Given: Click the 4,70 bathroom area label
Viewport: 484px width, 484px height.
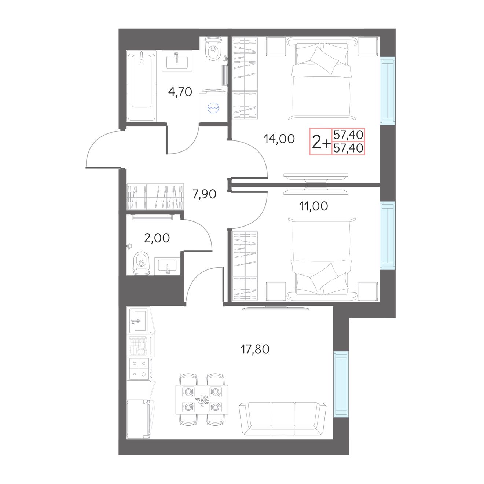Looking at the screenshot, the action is (x=180, y=92).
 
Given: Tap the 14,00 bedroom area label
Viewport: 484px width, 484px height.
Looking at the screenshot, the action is (x=279, y=139).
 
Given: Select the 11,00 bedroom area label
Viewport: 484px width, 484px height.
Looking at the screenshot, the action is (x=313, y=206).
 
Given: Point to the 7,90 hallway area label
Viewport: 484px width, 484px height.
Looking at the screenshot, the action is (x=204, y=194).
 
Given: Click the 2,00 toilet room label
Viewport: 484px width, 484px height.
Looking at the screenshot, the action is (x=157, y=238).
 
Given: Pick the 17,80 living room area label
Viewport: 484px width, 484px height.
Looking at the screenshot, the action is (x=255, y=349).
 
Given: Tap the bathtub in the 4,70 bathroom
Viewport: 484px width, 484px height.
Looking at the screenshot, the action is (x=142, y=86).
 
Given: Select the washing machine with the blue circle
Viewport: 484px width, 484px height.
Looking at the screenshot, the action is (x=213, y=106).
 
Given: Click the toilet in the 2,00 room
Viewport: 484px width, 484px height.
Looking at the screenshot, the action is (x=141, y=264).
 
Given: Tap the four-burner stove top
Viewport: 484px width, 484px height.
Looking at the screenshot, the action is (x=139, y=368).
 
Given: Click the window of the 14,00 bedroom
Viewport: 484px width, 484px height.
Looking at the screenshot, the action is (x=388, y=91).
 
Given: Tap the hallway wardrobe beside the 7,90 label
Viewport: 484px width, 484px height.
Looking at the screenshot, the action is (x=155, y=197).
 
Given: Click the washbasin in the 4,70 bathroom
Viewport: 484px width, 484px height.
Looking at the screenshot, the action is (x=177, y=60).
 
